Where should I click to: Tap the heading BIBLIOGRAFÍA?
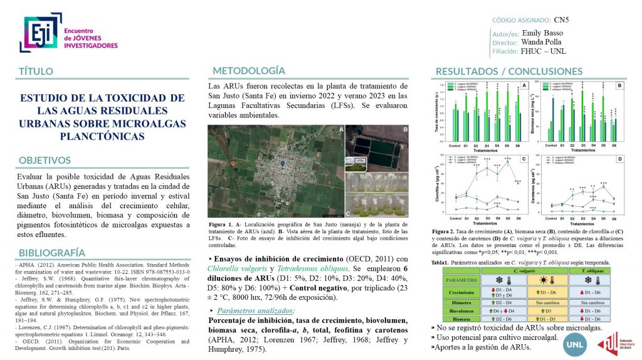(53, 252)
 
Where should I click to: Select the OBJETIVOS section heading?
(45, 160)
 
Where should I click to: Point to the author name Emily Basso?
(542, 33)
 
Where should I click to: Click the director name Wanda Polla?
(542, 42)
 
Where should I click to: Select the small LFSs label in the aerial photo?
(360, 161)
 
